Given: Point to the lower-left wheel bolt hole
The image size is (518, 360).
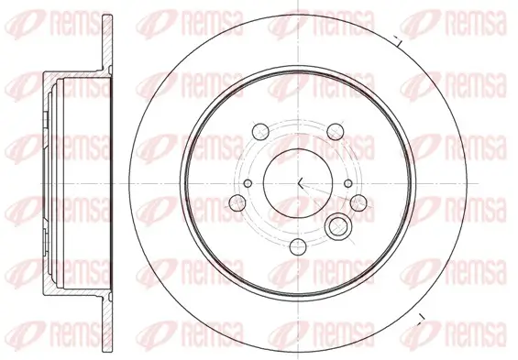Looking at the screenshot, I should click(235, 202).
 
